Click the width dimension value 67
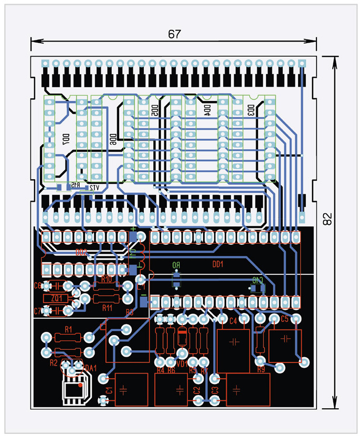coord(174,34)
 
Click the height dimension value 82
coord(327,219)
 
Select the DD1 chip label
coord(218,264)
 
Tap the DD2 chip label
coord(81,252)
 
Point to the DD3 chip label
coord(251,110)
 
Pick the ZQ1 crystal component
coord(57,298)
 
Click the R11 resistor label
coord(107,307)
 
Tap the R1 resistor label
coord(68,329)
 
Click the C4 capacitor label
coord(234,320)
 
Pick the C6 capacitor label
coord(37,286)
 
